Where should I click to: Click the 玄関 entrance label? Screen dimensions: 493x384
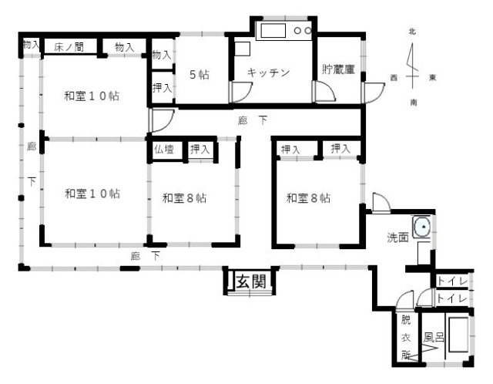coord(251,281)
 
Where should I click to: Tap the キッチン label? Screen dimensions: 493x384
coord(268,72)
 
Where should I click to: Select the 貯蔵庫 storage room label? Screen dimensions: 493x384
coord(338,69)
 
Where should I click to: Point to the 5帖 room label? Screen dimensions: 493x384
coord(200,75)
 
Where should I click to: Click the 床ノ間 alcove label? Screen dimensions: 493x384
coord(69,47)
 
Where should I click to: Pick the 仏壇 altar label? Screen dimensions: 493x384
coord(164,149)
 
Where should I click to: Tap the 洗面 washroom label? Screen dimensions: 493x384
coord(397,237)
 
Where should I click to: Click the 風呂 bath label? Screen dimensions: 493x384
coord(434,337)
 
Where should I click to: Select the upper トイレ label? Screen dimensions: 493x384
coord(452,281)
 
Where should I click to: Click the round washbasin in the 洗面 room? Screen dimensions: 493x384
coord(422,227)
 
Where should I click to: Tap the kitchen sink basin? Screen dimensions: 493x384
coord(273,31)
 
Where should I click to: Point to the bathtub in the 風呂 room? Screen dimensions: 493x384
coord(458,335)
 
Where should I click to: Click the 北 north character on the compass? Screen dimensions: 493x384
coord(412,32)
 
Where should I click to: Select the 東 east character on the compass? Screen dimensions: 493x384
coord(433,77)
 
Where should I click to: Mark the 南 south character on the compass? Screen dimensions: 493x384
coord(413,103)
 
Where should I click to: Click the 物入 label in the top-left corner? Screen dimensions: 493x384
coord(31,45)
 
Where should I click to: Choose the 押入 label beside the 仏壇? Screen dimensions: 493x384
coord(200,149)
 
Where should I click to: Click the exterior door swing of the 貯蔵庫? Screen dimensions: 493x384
coord(374,93)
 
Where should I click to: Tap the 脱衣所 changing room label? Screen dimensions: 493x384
coord(406,338)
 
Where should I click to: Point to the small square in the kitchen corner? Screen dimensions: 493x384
coord(243,49)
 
